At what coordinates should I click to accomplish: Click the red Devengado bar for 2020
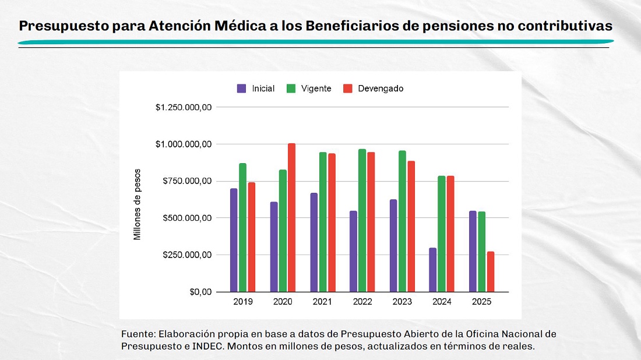click(x=291, y=217)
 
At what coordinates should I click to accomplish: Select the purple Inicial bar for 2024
click(x=432, y=270)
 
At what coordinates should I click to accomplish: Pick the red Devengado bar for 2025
click(x=491, y=271)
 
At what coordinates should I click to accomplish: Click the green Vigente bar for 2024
click(x=441, y=234)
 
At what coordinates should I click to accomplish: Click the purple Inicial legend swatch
click(x=241, y=89)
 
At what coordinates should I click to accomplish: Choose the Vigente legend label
click(x=316, y=89)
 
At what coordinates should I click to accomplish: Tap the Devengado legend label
click(x=381, y=89)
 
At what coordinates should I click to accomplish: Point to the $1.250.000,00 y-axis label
click(x=183, y=107)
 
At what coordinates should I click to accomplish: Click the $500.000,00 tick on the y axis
click(x=186, y=218)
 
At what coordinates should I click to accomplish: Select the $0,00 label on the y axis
click(x=198, y=292)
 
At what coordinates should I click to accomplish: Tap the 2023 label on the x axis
click(x=402, y=302)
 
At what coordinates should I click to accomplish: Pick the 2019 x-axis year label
click(x=242, y=302)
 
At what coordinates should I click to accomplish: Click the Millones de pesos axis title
click(x=138, y=204)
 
